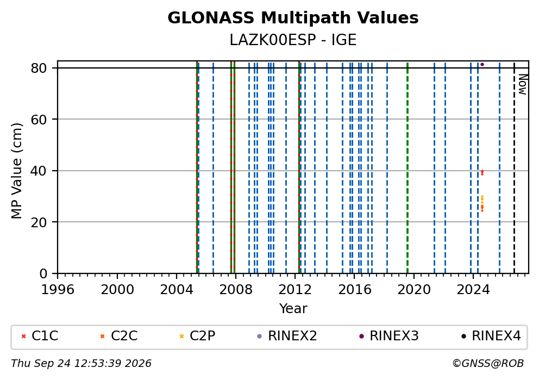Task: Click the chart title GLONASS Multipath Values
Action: [x=293, y=18]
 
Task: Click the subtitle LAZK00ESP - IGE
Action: [x=293, y=40]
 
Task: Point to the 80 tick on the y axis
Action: [x=39, y=68]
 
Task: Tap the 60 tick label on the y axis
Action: [x=39, y=120]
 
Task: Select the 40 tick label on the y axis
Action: [x=39, y=171]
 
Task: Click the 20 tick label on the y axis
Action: [x=39, y=222]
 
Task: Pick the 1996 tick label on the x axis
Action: [x=58, y=290]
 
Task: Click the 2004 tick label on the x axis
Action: [x=177, y=290]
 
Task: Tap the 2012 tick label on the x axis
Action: [x=295, y=290]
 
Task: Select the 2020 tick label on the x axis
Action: [x=414, y=290]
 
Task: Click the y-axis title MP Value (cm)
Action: [x=16, y=171]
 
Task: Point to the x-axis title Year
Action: [x=293, y=308]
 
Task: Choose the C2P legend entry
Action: [x=197, y=336]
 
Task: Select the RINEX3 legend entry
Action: [x=389, y=336]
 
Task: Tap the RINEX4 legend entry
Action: [x=491, y=336]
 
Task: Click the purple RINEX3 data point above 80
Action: [x=482, y=64]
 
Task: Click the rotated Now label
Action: [x=523, y=85]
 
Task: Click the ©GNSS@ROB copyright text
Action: [x=488, y=364]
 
